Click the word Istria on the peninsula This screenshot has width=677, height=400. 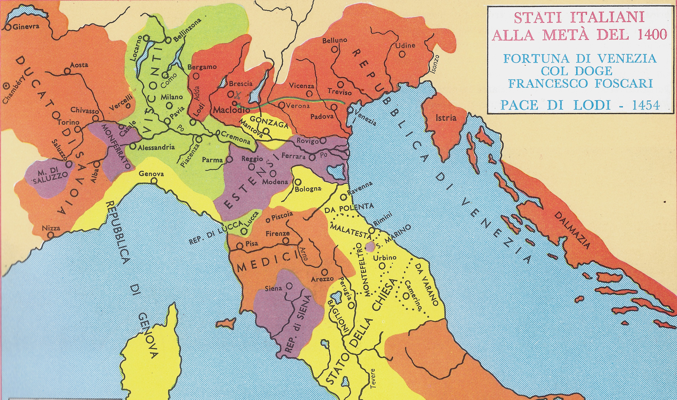[x=446, y=118]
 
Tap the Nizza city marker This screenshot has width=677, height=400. [x=50, y=235]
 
